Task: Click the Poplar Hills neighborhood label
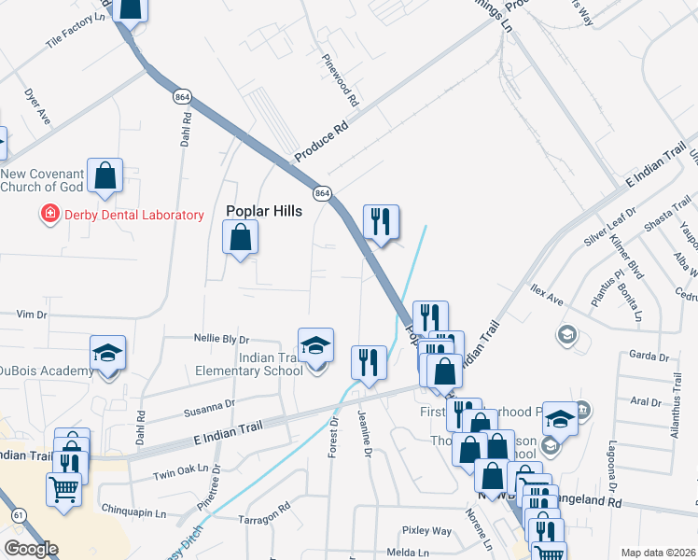(264, 211)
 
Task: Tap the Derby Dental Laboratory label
(133, 215)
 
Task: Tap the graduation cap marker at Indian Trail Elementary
(315, 344)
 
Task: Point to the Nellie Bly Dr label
(221, 339)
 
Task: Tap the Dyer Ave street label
(38, 109)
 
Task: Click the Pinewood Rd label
(341, 78)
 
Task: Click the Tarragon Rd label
(264, 519)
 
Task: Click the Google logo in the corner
(31, 549)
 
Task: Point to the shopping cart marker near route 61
(63, 487)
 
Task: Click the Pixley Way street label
(426, 530)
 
